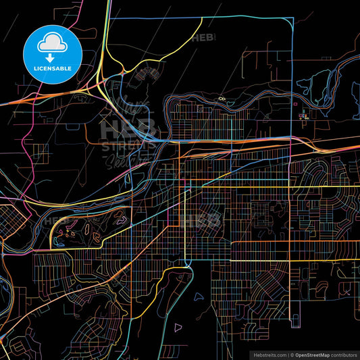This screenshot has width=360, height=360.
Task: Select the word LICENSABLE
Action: tap(52, 68)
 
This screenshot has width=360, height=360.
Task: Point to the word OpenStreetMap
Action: tap(310, 354)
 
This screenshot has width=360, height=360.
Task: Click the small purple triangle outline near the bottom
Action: tap(178, 328)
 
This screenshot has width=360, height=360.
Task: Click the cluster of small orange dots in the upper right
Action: tap(304, 115)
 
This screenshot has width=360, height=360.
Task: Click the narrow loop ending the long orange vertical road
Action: tap(290, 317)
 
